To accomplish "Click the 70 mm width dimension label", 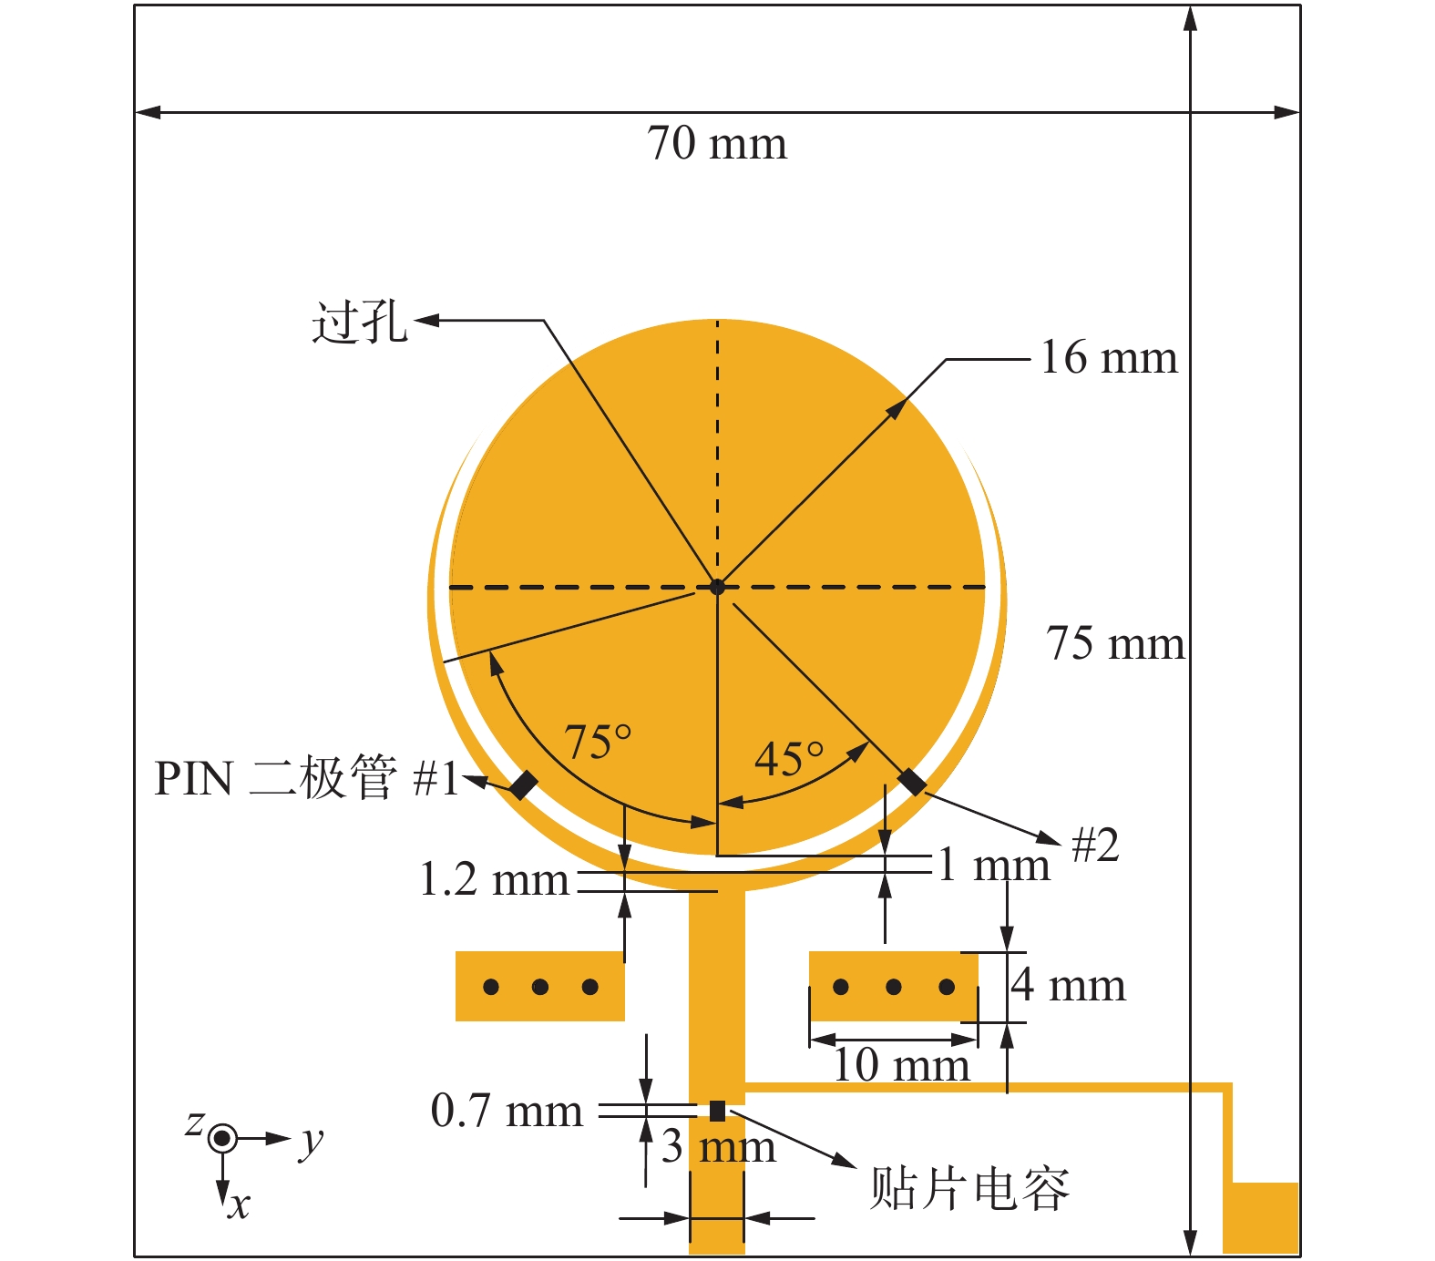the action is pos(716,144).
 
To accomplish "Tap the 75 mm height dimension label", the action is pos(1114,643).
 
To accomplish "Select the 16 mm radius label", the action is pos(1108,357).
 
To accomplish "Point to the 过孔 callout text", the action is pos(360,323).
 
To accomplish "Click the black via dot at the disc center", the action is pos(717,587).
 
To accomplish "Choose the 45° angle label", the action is pos(788,758).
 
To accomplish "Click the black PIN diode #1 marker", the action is pos(523,784).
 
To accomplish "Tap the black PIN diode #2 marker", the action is pos(912,782).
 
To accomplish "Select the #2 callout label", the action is pos(1094,846).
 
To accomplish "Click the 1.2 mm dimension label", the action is pos(494,880).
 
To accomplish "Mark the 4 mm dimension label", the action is pos(1068,986).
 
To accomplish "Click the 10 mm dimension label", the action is pos(901,1064).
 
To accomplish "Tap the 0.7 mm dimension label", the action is pos(507,1111).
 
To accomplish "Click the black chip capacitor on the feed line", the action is pos(717,1111).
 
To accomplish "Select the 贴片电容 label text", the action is pos(969,1187).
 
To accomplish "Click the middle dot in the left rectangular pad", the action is pos(540,987).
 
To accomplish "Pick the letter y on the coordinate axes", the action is pos(311,1141).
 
